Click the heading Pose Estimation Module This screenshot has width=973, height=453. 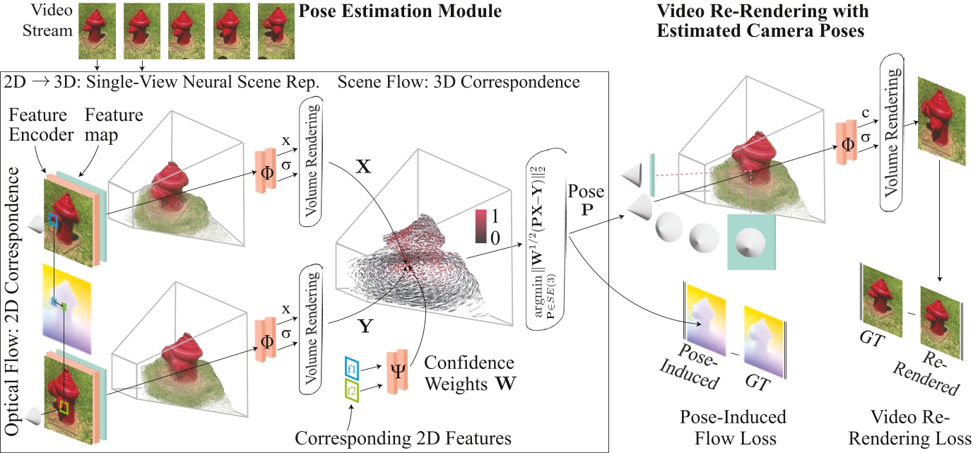pyautogui.click(x=401, y=12)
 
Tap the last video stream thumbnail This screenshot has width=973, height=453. pyautogui.click(x=276, y=30)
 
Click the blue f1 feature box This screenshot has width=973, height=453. pyautogui.click(x=353, y=368)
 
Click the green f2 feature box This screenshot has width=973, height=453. pyautogui.click(x=353, y=388)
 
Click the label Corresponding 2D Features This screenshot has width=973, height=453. pyautogui.click(x=403, y=438)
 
